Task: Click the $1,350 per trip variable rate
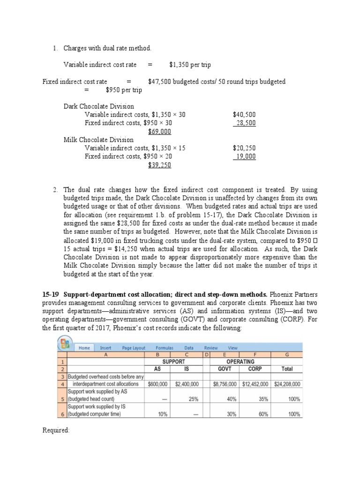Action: [x=190, y=65]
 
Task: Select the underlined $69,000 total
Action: [x=159, y=132]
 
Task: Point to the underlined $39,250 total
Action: [x=159, y=165]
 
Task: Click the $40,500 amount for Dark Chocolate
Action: [x=244, y=114]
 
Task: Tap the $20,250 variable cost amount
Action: [x=244, y=148]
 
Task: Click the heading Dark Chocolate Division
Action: [x=98, y=106]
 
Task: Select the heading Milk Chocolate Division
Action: [x=98, y=140]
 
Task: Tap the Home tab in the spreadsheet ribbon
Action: [x=84, y=348]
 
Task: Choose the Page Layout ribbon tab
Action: [x=134, y=348]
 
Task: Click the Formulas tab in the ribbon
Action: [x=165, y=348]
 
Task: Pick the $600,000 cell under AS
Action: [x=159, y=384]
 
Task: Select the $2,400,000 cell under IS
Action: [x=187, y=384]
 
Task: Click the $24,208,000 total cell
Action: [x=287, y=384]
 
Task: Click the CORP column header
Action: [x=255, y=369]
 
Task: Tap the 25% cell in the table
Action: [x=193, y=399]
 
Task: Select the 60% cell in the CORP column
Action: [x=263, y=414]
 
